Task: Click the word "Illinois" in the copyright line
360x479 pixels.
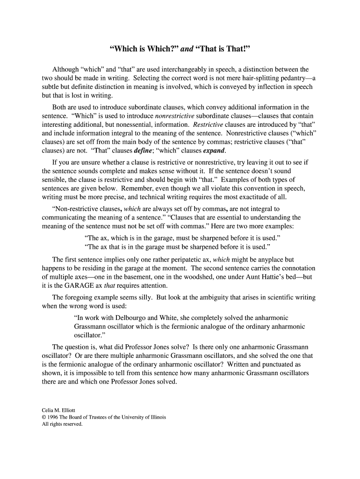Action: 156,417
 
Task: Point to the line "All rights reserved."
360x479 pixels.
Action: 62,424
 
